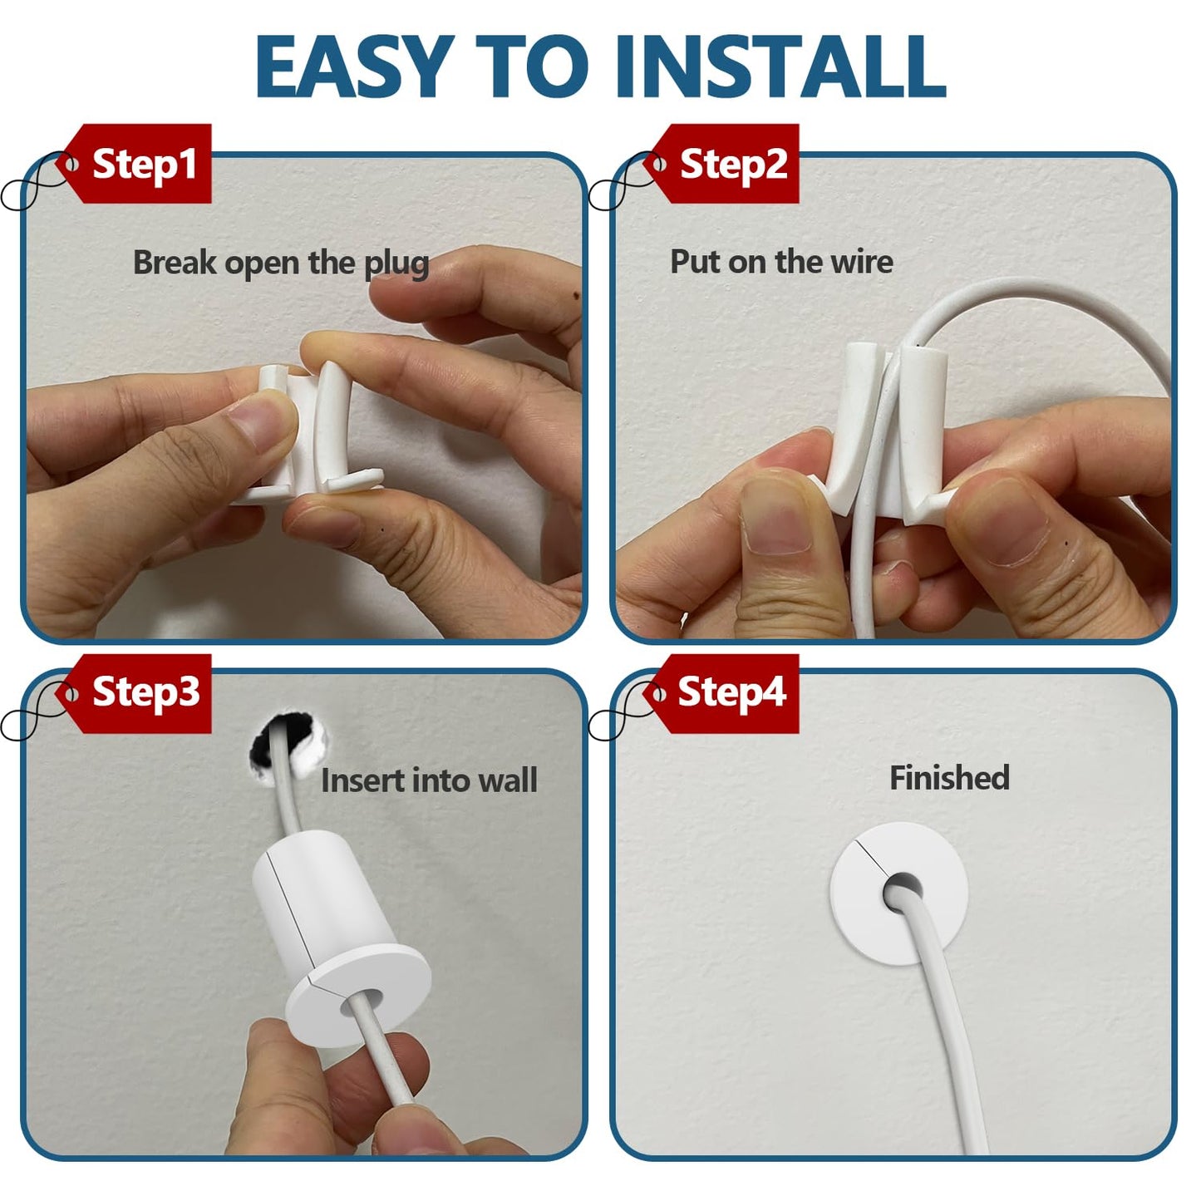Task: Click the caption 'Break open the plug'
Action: click(x=281, y=263)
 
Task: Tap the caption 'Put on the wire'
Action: click(x=781, y=262)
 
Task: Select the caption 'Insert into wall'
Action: click(x=429, y=780)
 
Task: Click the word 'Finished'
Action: click(x=949, y=778)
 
